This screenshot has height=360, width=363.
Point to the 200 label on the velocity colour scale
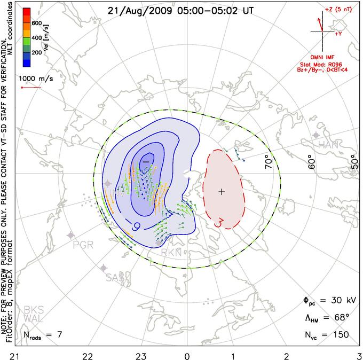[36, 53]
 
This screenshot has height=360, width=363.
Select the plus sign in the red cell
[222, 191]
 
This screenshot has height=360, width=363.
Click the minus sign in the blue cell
[145, 161]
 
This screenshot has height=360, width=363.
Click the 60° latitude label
[312, 159]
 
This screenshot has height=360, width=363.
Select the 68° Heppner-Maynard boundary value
[337, 318]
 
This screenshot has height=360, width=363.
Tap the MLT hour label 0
[187, 355]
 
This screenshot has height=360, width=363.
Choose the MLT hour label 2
[287, 355]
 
